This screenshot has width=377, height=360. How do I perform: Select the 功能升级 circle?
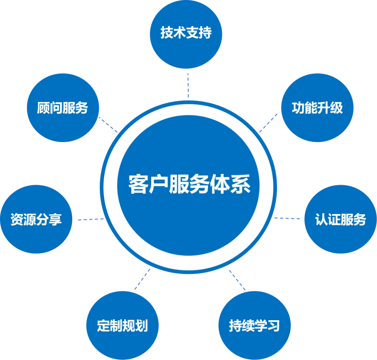click(x=317, y=108)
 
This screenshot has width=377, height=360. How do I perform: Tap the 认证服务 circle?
click(x=340, y=219)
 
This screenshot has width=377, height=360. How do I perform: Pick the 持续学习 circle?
click(x=254, y=325)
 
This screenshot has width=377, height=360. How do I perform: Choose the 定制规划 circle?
click(x=122, y=325)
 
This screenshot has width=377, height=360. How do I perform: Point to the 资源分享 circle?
click(x=36, y=219)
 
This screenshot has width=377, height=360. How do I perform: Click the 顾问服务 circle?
click(x=62, y=108)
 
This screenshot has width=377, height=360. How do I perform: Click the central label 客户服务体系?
click(x=189, y=184)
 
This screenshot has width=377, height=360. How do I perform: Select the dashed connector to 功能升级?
click(x=269, y=122)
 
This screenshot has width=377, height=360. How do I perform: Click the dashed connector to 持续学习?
click(x=237, y=279)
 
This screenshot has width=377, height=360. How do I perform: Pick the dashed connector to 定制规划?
click(x=142, y=279)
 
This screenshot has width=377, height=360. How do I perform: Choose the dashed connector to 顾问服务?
click(x=108, y=125)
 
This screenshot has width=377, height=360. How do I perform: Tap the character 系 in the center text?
click(x=241, y=184)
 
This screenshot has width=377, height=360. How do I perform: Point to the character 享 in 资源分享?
click(x=55, y=219)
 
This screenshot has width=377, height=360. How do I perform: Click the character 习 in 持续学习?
click(x=274, y=325)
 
